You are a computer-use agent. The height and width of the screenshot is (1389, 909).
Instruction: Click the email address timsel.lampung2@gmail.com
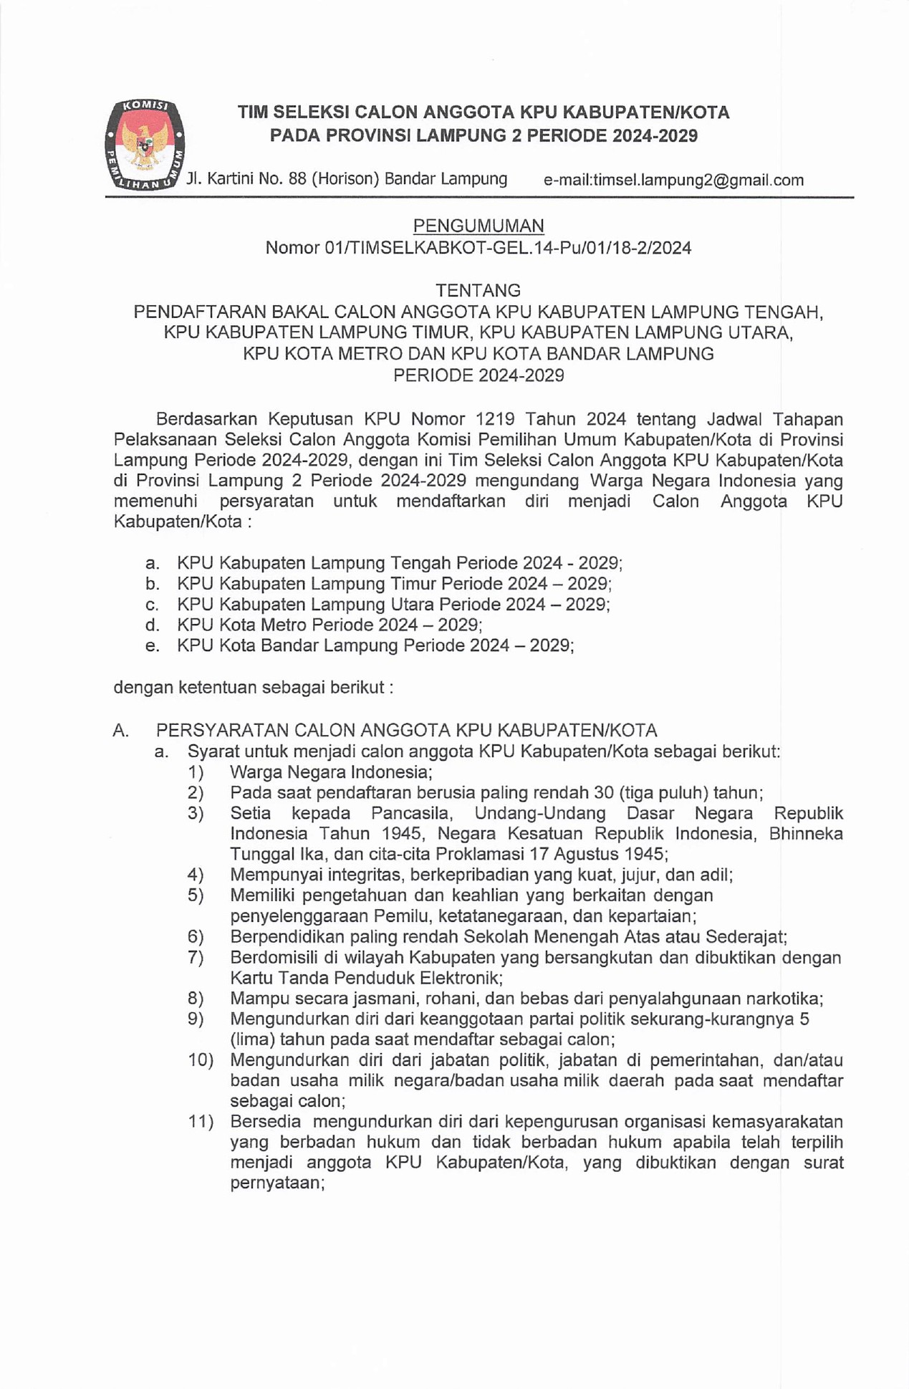tap(698, 181)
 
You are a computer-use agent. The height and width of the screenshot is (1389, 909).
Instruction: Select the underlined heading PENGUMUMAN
tap(478, 226)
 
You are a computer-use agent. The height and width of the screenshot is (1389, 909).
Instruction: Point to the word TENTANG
tap(478, 290)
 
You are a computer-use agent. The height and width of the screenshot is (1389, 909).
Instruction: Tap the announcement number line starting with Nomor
tap(478, 248)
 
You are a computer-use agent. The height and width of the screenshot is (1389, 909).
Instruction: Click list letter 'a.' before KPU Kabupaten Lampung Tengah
tap(152, 563)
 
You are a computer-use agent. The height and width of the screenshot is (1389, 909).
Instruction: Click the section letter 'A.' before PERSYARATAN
tap(121, 731)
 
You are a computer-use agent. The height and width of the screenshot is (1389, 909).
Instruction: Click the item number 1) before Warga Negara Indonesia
tap(196, 772)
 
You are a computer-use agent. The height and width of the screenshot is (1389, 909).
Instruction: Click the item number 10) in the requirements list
tap(201, 1060)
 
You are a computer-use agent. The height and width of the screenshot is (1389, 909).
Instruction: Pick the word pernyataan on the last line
tap(277, 1183)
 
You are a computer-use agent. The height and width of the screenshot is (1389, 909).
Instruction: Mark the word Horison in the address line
tap(345, 179)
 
